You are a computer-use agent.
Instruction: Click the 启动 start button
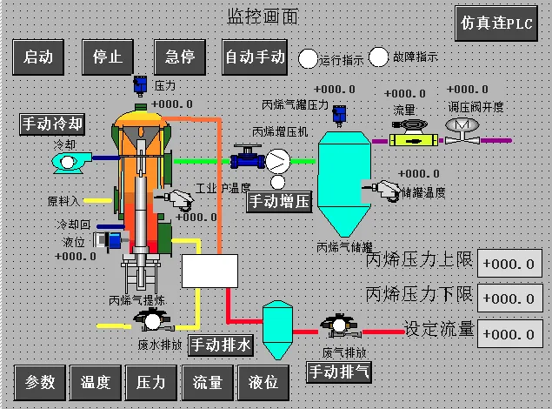(x=39, y=57)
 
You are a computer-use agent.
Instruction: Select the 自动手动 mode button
(x=255, y=57)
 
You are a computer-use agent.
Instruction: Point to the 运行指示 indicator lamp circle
(x=309, y=59)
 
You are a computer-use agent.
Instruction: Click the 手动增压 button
(x=279, y=203)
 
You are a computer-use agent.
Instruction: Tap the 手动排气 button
(x=340, y=372)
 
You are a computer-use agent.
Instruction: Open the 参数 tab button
(x=39, y=381)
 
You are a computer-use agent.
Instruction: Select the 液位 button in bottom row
(x=263, y=381)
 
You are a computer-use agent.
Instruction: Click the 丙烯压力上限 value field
(x=509, y=264)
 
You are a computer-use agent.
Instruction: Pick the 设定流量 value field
(x=509, y=333)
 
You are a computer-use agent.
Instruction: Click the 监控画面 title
(x=263, y=17)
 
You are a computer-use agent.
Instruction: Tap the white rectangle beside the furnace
(x=209, y=272)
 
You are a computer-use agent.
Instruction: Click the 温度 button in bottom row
(x=95, y=381)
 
